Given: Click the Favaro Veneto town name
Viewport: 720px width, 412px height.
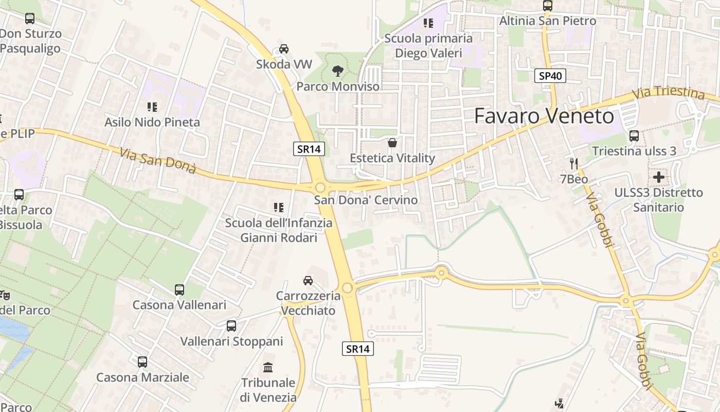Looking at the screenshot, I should [544, 116].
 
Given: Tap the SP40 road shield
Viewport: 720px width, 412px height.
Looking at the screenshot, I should [550, 76].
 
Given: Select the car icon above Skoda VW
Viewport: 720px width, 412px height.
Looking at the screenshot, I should [283, 49].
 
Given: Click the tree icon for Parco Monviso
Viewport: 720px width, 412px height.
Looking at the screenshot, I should [338, 71].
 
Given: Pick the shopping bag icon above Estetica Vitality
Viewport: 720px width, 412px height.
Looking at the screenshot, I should [392, 143].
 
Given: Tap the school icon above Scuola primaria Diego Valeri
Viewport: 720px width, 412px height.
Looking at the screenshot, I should [428, 23].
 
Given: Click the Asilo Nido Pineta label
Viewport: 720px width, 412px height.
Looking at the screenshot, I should [152, 122].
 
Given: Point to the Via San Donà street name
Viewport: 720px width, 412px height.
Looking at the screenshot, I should [158, 161].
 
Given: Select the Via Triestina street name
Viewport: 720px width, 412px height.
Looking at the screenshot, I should [668, 93].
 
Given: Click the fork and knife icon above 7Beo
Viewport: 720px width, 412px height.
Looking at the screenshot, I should [574, 164].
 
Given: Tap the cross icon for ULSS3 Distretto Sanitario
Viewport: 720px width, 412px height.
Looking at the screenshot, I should [658, 178].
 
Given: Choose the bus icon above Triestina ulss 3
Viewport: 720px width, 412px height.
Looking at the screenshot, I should [634, 136].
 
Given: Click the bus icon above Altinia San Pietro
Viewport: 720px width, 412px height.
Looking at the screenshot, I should [548, 6].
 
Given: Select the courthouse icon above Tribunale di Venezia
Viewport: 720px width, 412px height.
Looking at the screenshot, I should [268, 367].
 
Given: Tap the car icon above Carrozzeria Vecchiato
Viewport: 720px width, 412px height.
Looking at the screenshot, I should [308, 281].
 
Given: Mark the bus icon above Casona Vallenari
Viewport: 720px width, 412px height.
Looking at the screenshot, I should [179, 289].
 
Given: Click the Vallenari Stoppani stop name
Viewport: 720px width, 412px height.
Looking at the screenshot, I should [231, 341].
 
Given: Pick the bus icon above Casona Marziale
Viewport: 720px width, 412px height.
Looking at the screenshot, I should [142, 362].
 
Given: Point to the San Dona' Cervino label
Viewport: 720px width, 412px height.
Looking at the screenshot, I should [366, 200].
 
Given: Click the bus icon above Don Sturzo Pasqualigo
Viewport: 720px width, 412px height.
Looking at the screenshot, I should [30, 19].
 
